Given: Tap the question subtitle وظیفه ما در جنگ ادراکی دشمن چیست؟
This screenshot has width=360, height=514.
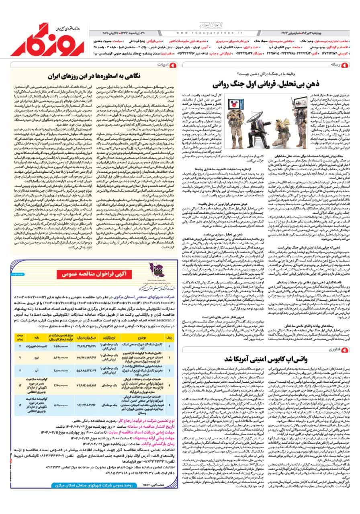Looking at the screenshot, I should tap(265, 74).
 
